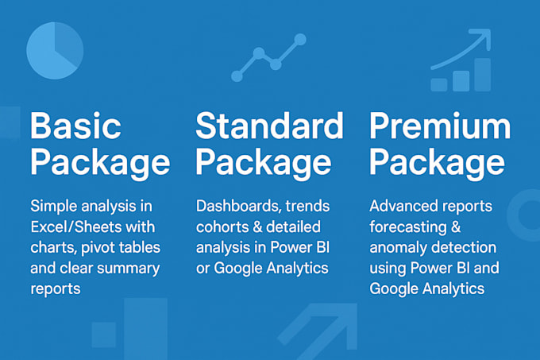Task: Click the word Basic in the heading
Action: [75, 127]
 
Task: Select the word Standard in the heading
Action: [269, 127]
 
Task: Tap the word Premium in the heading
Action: [440, 127]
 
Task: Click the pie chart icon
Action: [55, 49]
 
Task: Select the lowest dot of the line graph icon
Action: [237, 76]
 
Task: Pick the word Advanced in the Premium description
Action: [402, 207]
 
